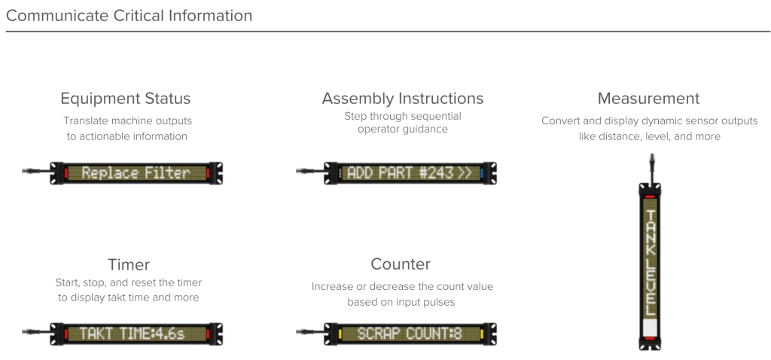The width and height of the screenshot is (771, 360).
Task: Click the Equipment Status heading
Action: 125,99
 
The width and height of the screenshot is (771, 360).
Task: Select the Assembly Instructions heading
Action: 403,99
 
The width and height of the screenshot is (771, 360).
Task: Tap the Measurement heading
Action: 648,99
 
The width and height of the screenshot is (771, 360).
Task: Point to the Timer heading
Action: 129,264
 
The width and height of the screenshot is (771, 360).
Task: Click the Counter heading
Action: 401,264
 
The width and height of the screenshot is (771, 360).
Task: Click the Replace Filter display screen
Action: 136,173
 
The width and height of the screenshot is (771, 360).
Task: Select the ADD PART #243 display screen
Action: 410,173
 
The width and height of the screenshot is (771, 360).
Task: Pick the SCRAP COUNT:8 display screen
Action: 410,333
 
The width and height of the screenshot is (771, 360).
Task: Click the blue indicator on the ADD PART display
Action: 483,173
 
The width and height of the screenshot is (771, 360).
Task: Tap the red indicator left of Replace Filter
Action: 65,173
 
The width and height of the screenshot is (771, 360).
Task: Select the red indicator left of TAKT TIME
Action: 65,333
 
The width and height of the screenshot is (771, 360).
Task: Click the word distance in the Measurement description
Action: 626,136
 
